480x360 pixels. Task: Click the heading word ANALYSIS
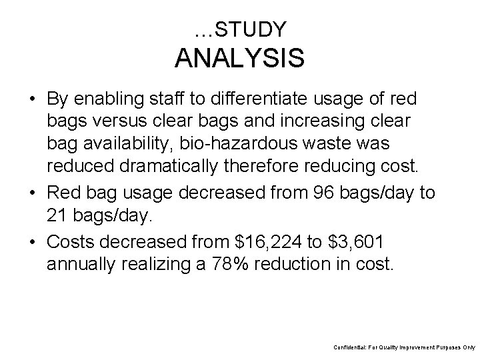point(240,58)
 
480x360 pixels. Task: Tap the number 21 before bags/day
point(58,215)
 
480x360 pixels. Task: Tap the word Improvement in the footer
point(412,348)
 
